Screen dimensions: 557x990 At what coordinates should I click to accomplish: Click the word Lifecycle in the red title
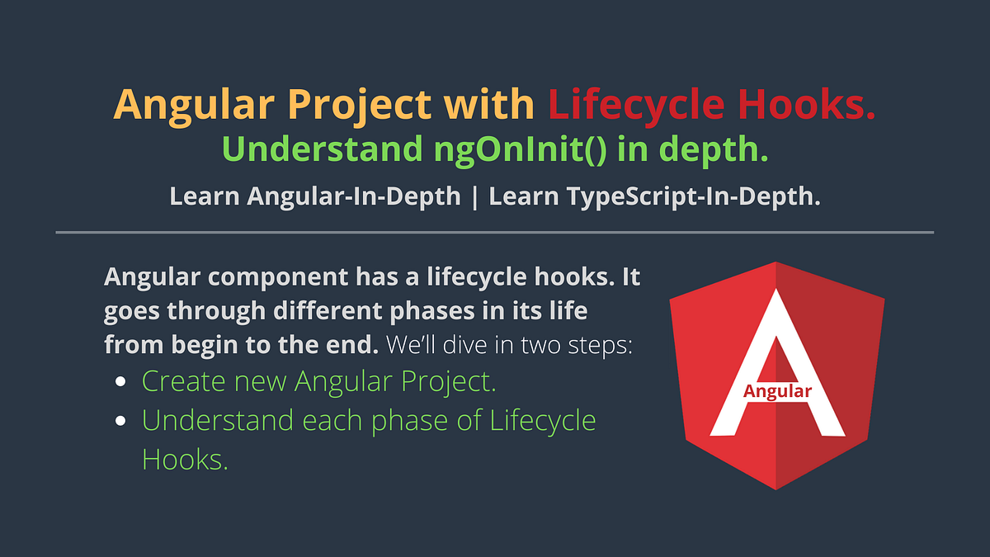638,105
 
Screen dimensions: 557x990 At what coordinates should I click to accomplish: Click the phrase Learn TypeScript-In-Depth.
654,196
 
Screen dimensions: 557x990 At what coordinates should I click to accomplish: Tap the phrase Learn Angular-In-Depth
315,196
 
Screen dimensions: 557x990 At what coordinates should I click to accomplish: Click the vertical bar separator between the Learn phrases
474,196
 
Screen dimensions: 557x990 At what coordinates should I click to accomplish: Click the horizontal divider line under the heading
495,233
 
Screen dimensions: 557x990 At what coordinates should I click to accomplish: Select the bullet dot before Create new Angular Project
121,382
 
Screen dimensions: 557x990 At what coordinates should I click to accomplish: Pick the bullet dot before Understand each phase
121,420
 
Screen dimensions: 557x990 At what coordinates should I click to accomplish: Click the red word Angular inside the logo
777,391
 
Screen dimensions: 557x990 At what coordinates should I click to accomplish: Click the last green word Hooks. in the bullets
185,459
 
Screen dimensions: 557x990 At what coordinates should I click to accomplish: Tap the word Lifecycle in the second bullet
543,420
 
